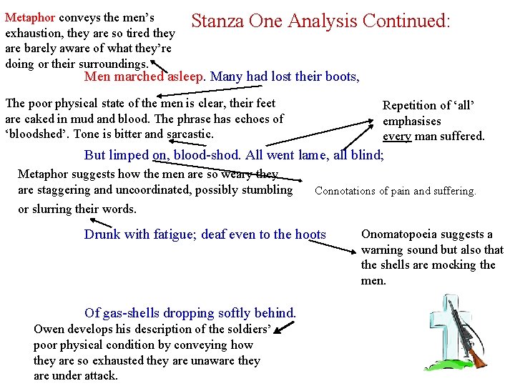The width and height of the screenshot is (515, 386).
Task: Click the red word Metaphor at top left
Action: point(29,16)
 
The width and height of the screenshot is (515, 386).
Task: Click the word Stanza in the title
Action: point(217,21)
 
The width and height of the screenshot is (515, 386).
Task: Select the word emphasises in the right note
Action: point(412,121)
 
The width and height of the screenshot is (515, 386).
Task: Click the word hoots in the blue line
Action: point(309,234)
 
